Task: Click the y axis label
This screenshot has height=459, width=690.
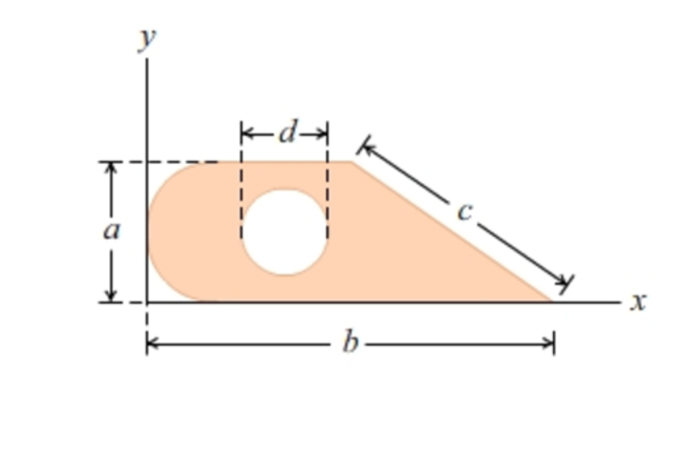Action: coord(147,40)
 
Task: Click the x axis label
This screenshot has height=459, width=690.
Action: coord(638,301)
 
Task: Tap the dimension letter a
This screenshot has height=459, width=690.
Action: coord(111,231)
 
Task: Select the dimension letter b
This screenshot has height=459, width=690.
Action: coord(350,343)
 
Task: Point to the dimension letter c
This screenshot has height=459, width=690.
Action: coord(464,213)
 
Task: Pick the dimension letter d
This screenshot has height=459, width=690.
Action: coord(287,133)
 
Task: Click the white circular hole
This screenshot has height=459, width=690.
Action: coord(284,232)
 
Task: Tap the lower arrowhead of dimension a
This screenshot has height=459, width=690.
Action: coord(111,296)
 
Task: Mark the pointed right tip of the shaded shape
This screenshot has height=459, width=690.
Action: coord(551,300)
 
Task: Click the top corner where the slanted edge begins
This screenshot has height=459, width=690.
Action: coord(352,161)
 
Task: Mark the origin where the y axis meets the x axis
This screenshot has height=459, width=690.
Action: coord(147,302)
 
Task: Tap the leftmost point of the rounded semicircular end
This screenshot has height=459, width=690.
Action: coord(148,232)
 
